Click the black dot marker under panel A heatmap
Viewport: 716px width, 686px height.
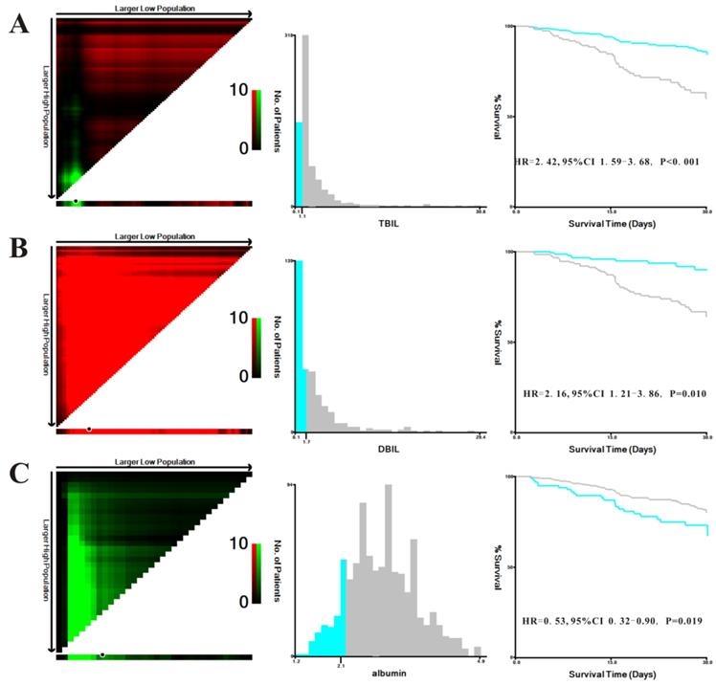pos(76,202)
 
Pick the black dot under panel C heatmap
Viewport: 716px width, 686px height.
pos(102,655)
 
